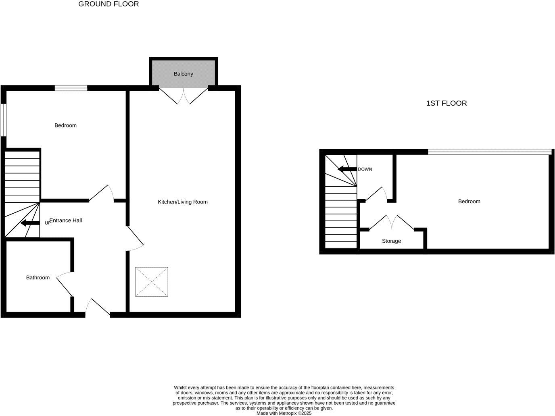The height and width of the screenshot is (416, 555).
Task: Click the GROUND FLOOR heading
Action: (108, 4)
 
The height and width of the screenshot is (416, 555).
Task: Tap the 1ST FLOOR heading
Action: (446, 103)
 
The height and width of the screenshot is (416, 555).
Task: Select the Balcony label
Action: (183, 74)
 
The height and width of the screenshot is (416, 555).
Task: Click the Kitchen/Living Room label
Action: (182, 202)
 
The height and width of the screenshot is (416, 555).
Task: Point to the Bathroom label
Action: (38, 277)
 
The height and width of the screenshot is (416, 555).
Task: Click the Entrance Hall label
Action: (66, 220)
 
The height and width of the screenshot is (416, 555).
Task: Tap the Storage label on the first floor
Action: (391, 241)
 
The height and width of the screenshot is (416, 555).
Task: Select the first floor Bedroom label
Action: (469, 201)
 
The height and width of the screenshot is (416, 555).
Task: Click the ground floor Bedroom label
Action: (65, 125)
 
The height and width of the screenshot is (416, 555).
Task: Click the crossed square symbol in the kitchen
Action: (152, 282)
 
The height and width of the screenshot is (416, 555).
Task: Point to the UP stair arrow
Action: (30, 223)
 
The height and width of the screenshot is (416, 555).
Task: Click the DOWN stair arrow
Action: (347, 169)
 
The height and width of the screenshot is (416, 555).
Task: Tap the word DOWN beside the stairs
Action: (365, 169)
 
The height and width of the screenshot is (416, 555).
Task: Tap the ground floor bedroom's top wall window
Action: (71, 88)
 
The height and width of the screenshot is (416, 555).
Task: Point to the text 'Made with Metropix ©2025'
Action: (284, 413)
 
